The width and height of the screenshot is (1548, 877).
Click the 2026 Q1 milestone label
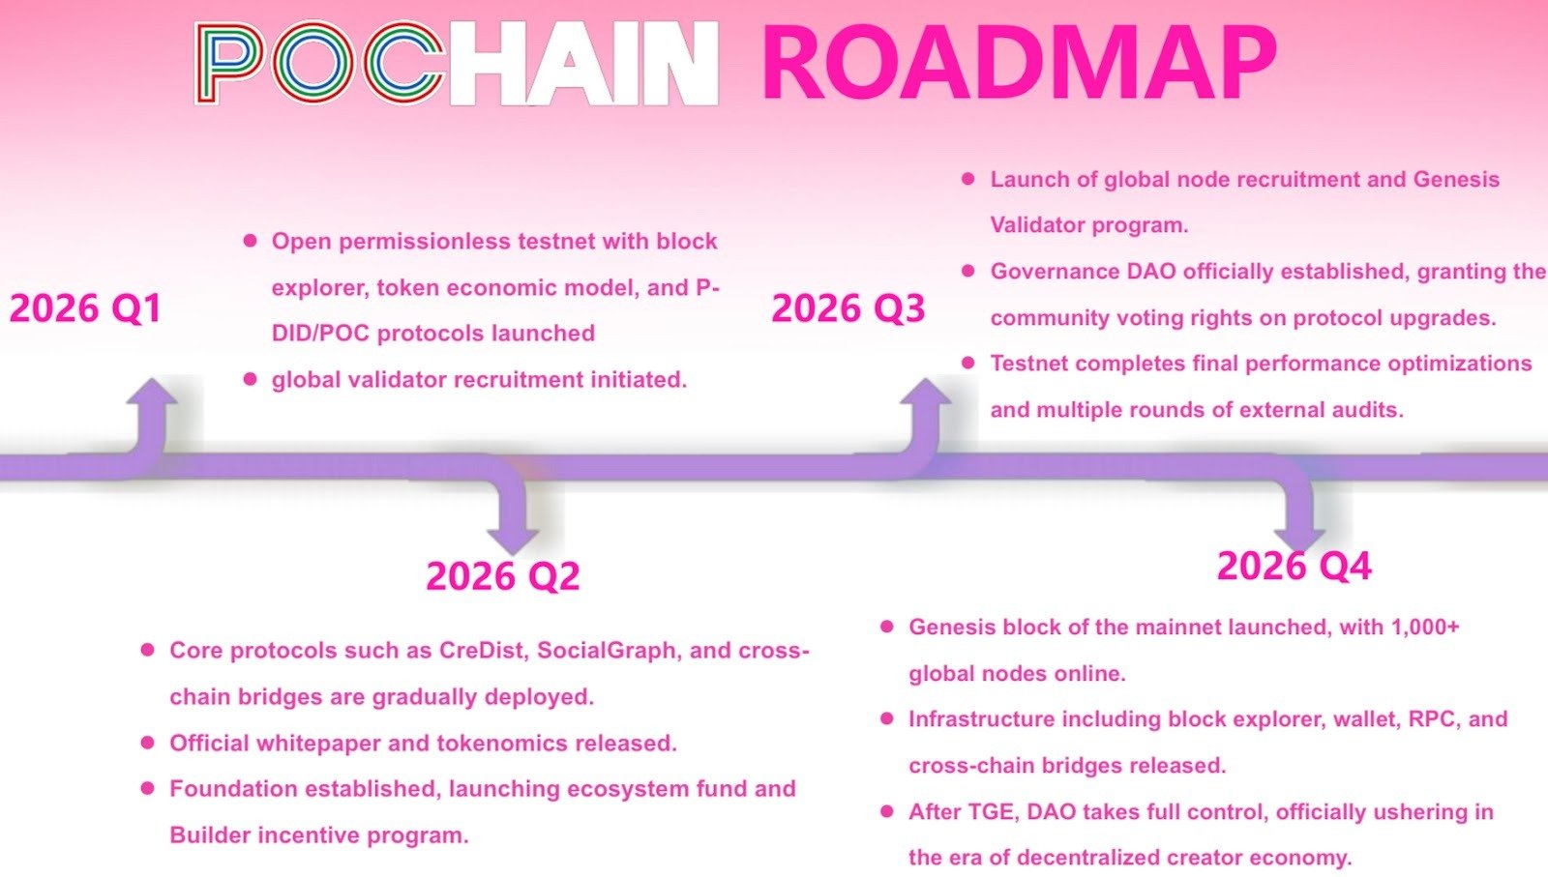[85, 308]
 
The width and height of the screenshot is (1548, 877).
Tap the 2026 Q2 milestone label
[503, 576]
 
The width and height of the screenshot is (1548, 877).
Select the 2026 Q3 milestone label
[848, 308]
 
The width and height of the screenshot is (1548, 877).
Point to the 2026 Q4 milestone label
[1295, 567]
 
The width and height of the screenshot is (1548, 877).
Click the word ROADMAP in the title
[1020, 62]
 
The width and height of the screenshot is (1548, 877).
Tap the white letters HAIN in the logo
[584, 64]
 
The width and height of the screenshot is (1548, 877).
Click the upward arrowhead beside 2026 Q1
[151, 391]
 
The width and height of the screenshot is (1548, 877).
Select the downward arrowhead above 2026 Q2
[513, 541]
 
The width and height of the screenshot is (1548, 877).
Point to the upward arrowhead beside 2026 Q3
[925, 391]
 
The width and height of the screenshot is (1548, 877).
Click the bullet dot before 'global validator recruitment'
[251, 378]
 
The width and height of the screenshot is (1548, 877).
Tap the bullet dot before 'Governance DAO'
[968, 270]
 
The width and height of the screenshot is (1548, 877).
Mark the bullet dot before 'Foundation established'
[147, 788]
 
